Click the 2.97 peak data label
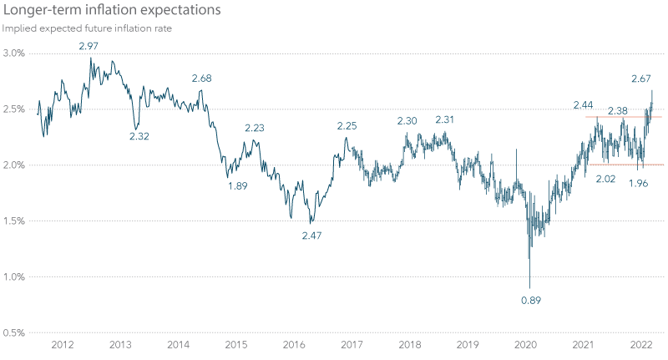[89, 45]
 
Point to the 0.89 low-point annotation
[531, 300]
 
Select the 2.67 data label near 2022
[640, 79]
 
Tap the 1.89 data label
[239, 185]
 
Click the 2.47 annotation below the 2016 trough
[311, 236]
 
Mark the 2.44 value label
[584, 104]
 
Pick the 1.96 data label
[639, 183]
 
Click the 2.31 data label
[444, 119]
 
